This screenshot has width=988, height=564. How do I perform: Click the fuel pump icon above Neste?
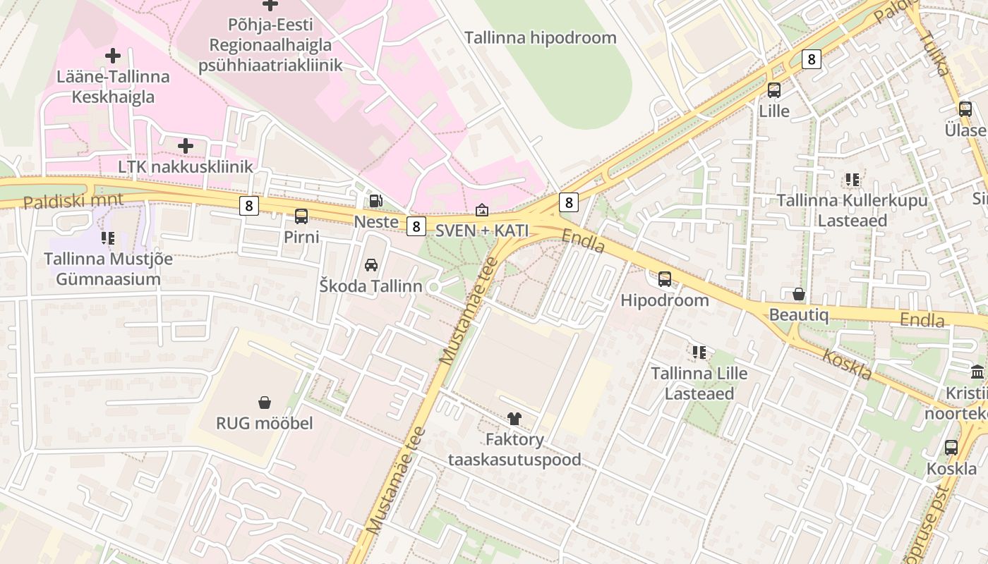tap(376, 201)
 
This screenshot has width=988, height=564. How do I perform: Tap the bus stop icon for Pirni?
tap(301, 216)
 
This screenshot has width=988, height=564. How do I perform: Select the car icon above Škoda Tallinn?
tap(370, 265)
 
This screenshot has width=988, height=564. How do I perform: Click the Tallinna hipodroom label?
tap(540, 38)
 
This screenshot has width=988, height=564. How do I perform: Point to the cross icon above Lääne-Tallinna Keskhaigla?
tap(113, 56)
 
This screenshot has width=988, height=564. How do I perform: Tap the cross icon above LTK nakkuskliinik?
tap(186, 146)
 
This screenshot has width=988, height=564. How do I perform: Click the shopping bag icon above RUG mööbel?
tap(265, 403)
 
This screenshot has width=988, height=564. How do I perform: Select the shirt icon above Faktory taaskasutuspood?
tap(514, 419)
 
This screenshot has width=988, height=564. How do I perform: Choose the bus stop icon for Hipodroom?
tap(665, 279)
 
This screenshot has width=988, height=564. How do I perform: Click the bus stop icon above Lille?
tap(774, 90)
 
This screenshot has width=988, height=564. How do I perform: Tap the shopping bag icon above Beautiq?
tap(799, 294)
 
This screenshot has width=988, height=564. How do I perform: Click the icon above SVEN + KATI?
tap(481, 210)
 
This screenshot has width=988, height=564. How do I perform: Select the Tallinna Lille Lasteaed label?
tap(699, 383)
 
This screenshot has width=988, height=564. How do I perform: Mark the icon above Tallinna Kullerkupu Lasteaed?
tap(852, 180)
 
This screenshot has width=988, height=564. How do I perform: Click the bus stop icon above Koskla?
tap(951, 448)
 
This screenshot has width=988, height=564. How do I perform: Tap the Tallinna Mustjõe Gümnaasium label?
tap(108, 269)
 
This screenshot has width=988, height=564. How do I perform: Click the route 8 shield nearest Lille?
tap(812, 59)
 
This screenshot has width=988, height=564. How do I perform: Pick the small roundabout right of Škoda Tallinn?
tap(434, 287)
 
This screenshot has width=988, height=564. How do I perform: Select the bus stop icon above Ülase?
tap(965, 109)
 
